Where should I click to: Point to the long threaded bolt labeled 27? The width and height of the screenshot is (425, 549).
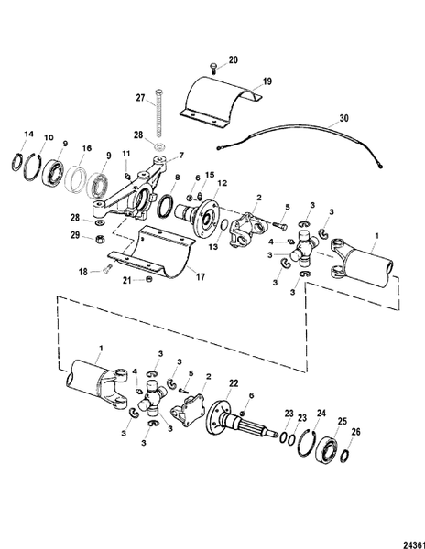click(x=160, y=114)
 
